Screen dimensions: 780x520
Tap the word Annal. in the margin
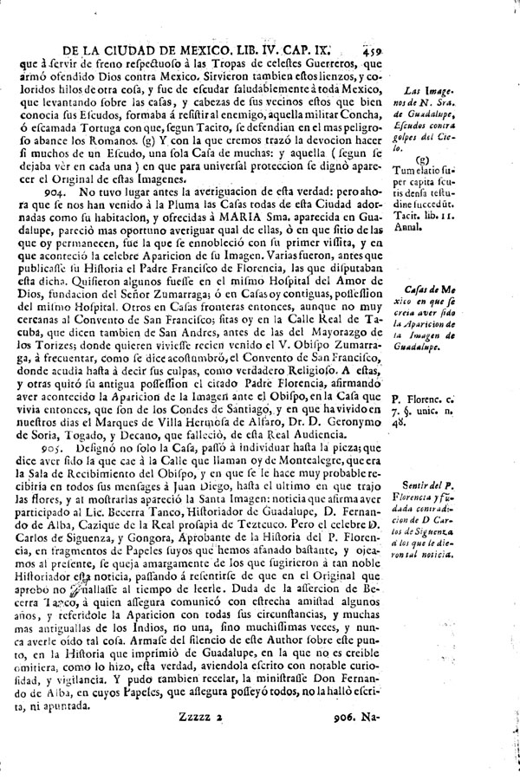click(x=427, y=227)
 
